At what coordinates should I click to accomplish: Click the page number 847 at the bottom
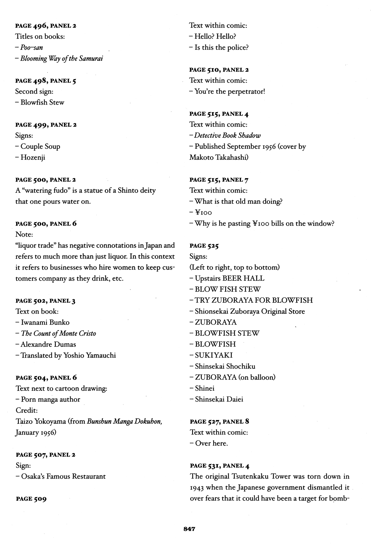pos(189,529)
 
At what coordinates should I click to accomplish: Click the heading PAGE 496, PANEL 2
pos(46,26)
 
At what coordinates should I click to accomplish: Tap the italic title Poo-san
pos(32,48)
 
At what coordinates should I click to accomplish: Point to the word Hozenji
pos(33,157)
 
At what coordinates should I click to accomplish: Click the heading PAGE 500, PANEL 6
pos(46,224)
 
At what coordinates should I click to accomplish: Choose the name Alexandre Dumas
pos(48,344)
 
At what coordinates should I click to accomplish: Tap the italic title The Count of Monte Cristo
pos(58,333)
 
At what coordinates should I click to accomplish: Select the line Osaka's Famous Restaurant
pos(63,476)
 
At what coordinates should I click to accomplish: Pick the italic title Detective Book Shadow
pos(227,136)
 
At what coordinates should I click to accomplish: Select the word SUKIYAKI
pos(214,355)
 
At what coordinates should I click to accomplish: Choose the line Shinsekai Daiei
pos(219,399)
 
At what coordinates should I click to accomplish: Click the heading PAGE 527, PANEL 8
pos(220,422)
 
